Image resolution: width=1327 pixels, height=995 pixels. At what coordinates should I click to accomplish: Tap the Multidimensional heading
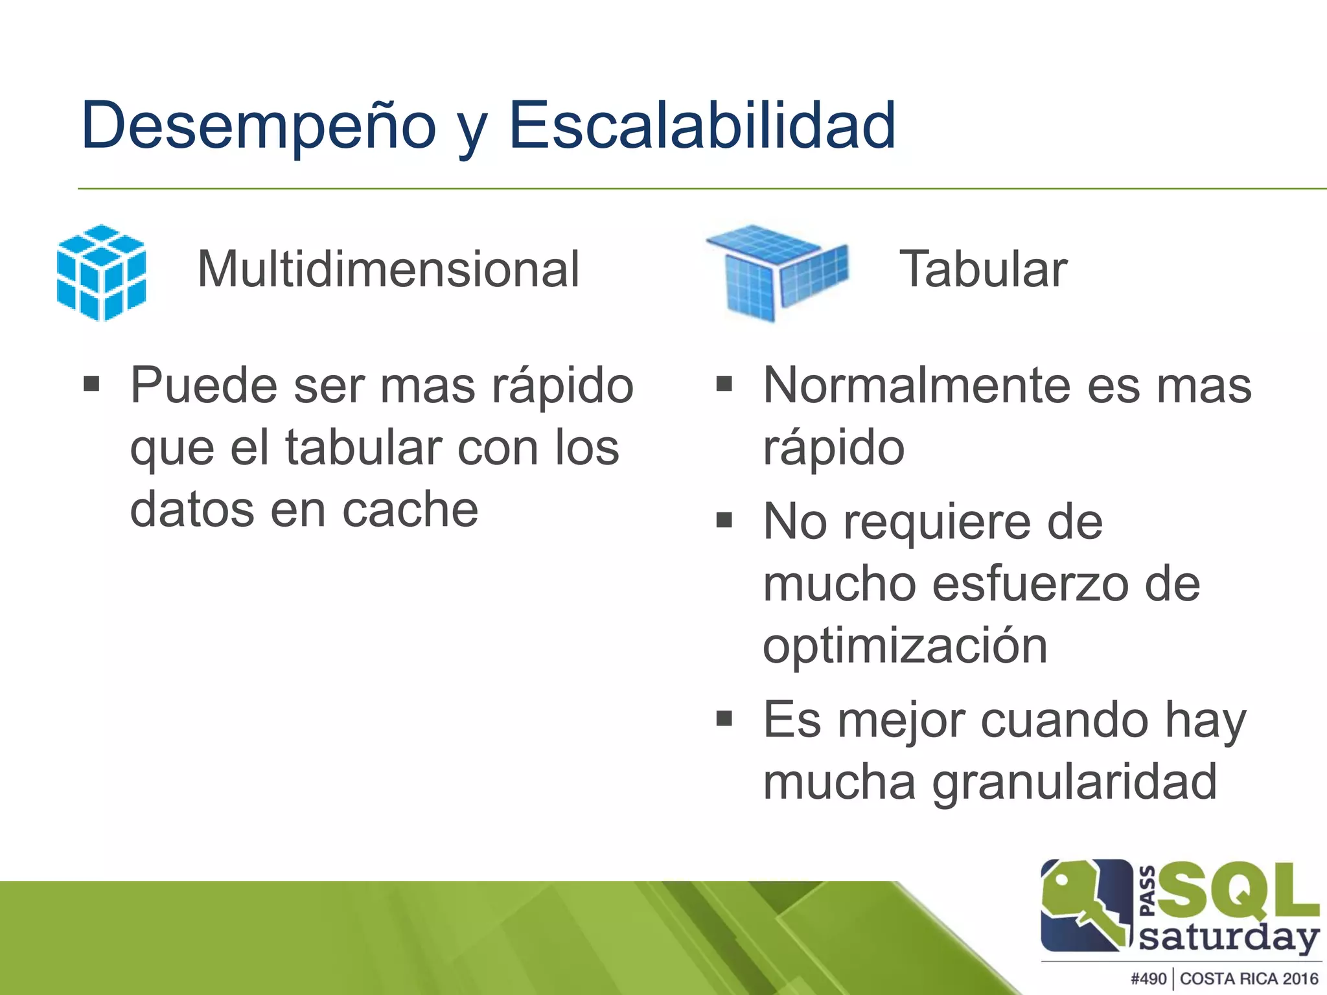[387, 269]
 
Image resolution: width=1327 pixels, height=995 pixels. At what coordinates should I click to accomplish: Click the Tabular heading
[983, 269]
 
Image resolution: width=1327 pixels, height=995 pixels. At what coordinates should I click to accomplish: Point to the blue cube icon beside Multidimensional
[101, 273]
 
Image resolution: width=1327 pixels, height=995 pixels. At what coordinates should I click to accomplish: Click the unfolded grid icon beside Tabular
[776, 272]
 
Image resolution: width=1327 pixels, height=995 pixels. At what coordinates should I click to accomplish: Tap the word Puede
[203, 386]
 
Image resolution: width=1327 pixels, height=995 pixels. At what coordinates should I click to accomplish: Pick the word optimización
[905, 646]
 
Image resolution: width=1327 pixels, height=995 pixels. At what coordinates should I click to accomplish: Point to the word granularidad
[1074, 782]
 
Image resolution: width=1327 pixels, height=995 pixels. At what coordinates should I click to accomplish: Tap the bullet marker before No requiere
[724, 520]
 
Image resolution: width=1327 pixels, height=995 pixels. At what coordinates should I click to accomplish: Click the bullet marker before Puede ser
[91, 385]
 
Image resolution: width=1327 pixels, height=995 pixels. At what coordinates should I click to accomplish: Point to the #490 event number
[1148, 978]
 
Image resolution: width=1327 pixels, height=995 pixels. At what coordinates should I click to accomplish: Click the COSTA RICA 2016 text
[1249, 978]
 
